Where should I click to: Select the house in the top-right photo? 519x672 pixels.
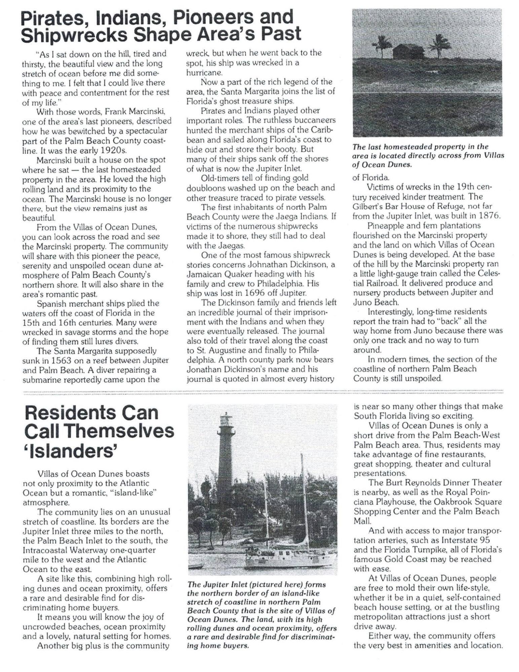pos(408,51)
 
